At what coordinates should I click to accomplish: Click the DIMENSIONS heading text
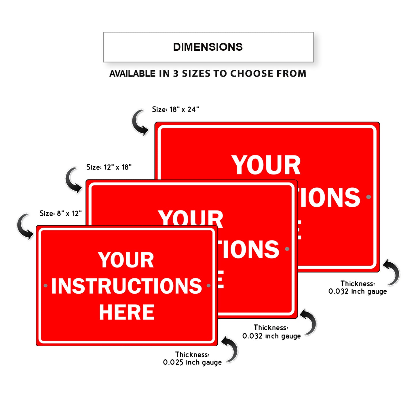(208, 47)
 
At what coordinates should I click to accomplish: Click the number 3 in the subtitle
(176, 74)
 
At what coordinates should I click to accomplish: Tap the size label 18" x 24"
(175, 109)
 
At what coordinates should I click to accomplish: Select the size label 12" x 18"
(109, 167)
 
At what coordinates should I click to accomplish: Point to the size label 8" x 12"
(60, 213)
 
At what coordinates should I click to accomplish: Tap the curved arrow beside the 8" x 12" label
(25, 227)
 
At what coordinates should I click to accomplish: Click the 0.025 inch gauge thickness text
(192, 362)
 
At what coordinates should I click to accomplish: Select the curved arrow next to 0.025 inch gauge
(231, 349)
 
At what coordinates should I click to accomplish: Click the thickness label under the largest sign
(358, 288)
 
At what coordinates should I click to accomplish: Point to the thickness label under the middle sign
(271, 332)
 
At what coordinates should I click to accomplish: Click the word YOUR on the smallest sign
(126, 260)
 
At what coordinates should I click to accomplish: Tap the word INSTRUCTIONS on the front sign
(127, 286)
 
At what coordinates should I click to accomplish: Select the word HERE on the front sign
(127, 312)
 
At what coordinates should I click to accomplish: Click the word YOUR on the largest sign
(266, 165)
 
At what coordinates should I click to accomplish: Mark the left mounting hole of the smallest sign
(45, 286)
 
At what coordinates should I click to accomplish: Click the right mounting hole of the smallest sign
(209, 286)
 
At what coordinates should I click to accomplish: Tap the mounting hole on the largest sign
(368, 197)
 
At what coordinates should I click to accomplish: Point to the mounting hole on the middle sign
(287, 249)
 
